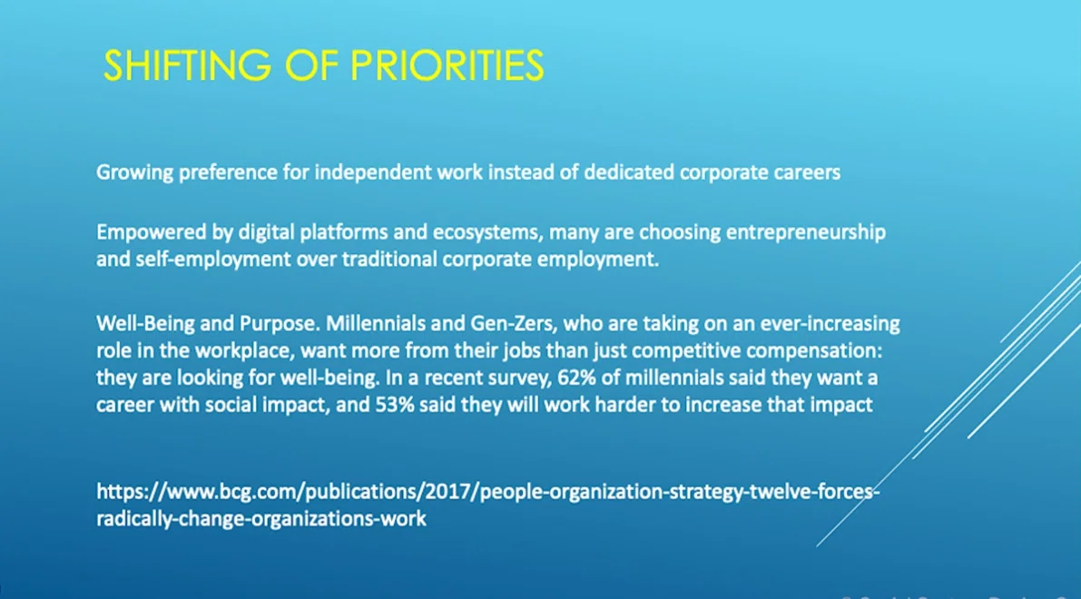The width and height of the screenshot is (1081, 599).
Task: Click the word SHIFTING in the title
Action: tap(188, 66)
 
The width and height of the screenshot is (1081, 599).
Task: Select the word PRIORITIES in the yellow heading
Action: tap(447, 66)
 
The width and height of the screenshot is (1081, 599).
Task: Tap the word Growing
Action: tap(134, 173)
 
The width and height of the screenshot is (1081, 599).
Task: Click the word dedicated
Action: tap(628, 172)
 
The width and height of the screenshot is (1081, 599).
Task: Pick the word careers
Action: tap(807, 173)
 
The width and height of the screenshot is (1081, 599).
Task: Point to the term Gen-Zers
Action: tap(513, 324)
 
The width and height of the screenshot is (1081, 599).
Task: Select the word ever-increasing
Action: tap(830, 324)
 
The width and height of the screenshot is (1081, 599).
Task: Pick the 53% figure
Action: tap(394, 405)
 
